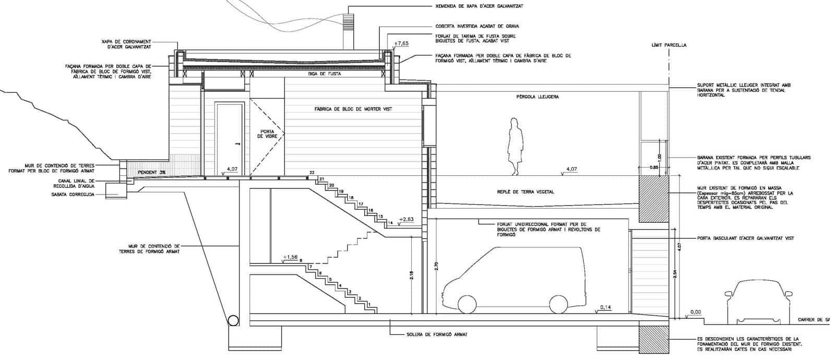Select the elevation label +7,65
[401, 43]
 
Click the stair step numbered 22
[312, 173]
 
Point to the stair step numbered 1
[369, 304]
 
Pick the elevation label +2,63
[406, 219]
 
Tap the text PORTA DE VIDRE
[268, 134]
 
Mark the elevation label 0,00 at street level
[696, 312]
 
